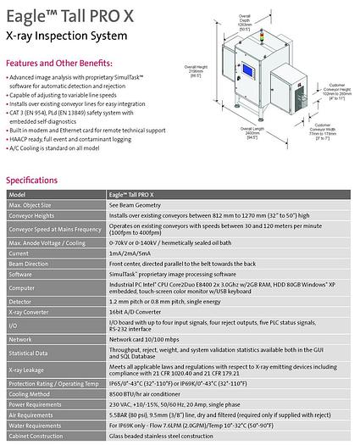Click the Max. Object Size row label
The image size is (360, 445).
tap(33, 205)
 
